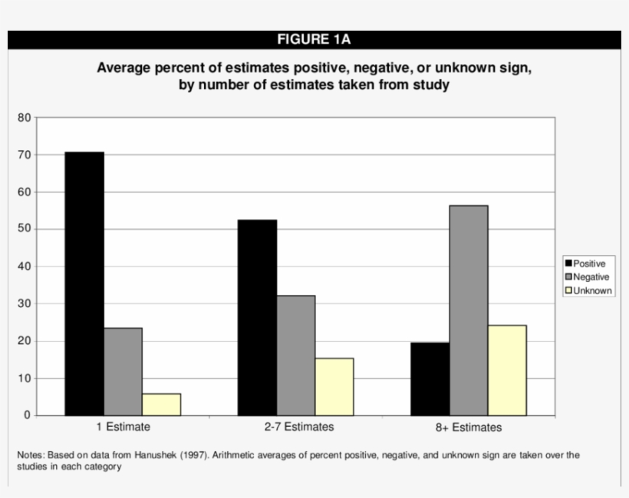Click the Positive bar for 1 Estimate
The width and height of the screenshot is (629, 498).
(x=84, y=283)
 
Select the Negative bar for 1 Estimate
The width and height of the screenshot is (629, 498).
(x=123, y=372)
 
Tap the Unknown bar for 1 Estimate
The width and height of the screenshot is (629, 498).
(x=162, y=405)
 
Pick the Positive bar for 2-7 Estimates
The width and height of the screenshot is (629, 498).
(x=258, y=317)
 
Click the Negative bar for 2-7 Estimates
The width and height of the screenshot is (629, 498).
(x=296, y=355)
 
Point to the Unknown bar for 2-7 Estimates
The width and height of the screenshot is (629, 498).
(x=334, y=387)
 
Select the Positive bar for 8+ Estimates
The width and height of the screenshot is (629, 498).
(x=430, y=378)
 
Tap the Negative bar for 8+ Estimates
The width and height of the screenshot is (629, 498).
(x=469, y=310)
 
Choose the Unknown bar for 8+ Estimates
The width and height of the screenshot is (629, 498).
(x=507, y=370)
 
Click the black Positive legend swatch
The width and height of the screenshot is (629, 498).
(x=568, y=264)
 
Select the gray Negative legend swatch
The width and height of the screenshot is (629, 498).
(x=568, y=277)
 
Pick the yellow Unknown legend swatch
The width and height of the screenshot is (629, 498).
(x=568, y=291)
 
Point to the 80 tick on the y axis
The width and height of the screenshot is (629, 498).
(x=24, y=118)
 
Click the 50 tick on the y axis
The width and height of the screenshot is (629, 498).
(x=24, y=230)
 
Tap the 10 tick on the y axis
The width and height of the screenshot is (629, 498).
(x=24, y=378)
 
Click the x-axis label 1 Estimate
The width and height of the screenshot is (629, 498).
(x=123, y=427)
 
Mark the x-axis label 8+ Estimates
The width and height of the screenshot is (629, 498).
(x=469, y=428)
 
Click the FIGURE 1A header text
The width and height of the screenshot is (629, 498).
(x=314, y=40)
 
